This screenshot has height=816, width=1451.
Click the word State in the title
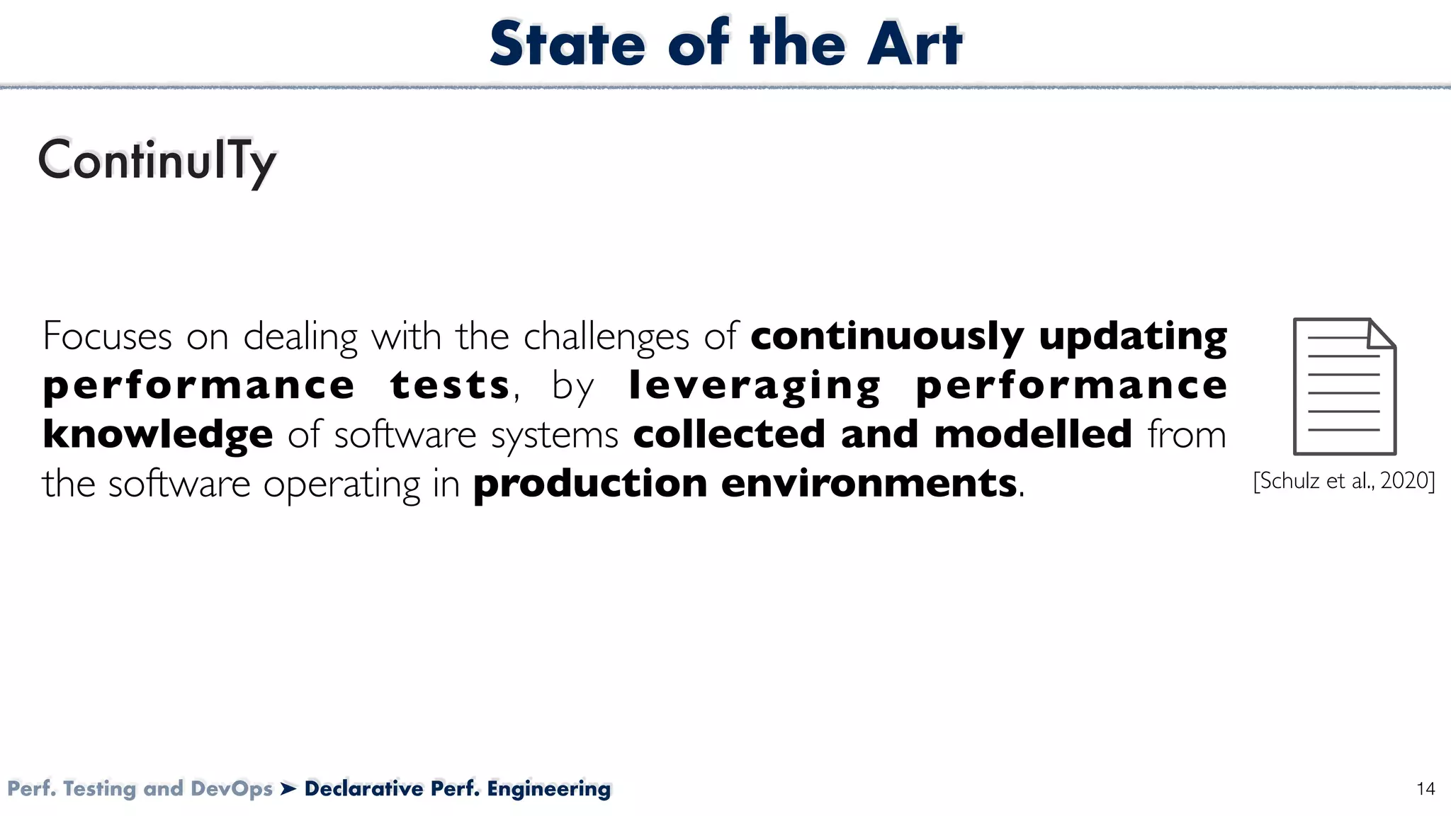coord(568,44)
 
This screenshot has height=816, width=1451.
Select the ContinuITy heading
coord(157,161)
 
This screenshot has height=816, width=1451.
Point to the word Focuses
coord(107,336)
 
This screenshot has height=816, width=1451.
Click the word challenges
coord(606,337)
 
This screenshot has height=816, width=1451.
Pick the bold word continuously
coord(887,337)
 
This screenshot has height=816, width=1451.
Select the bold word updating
coord(1133,337)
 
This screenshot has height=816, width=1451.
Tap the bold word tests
coord(450,385)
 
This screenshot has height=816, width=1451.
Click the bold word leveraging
coord(755,387)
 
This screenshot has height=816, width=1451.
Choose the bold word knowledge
coord(157,434)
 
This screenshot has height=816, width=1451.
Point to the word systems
coord(555,436)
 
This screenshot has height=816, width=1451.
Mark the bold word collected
coord(729,434)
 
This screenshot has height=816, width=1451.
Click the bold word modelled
coord(1033,434)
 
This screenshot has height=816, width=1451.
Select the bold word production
coord(590,484)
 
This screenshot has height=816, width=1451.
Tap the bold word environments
coord(869,484)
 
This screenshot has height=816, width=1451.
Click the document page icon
coord(1344,386)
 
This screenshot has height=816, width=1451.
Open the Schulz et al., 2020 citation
coord(1344,481)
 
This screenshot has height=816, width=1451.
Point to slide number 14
coord(1425,789)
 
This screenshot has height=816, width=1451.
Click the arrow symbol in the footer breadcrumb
coord(288,788)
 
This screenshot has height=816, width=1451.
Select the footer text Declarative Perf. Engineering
coord(458,788)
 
